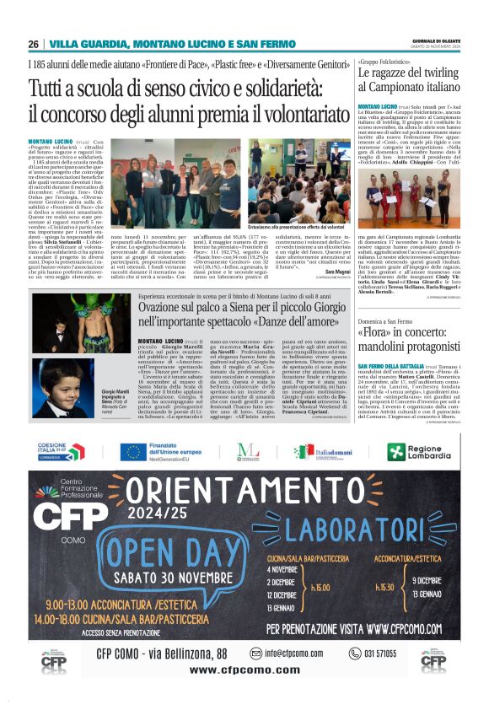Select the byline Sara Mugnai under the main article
[338, 272]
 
